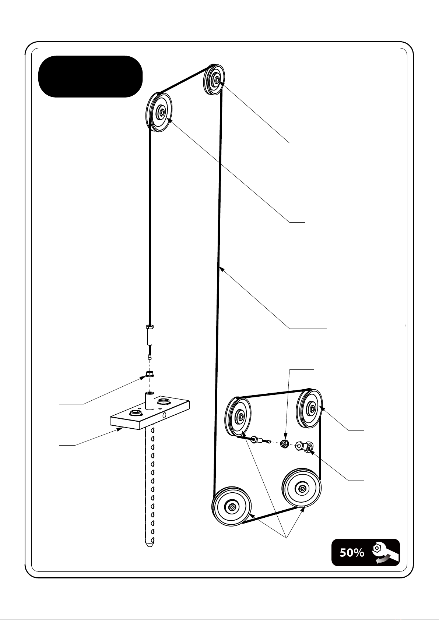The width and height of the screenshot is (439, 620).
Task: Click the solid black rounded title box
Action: tap(90, 77)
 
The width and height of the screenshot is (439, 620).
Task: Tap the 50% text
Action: tap(352, 553)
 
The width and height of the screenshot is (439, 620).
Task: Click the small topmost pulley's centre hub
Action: tap(217, 79)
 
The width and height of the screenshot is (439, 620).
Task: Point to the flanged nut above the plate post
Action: tap(150, 375)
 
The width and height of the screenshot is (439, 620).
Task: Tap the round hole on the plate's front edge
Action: tap(164, 415)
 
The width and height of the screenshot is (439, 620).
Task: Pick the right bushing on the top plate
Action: tap(163, 400)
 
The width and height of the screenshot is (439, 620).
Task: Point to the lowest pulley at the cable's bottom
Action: tap(232, 507)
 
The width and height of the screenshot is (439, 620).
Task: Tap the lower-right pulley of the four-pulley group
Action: tap(302, 488)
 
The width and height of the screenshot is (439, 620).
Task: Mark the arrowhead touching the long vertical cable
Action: tap(221, 269)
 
